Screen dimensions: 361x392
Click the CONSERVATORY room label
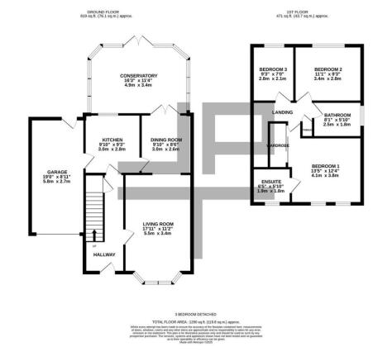(138, 75)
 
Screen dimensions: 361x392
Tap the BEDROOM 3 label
(272, 69)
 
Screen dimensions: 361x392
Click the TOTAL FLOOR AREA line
(196, 323)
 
